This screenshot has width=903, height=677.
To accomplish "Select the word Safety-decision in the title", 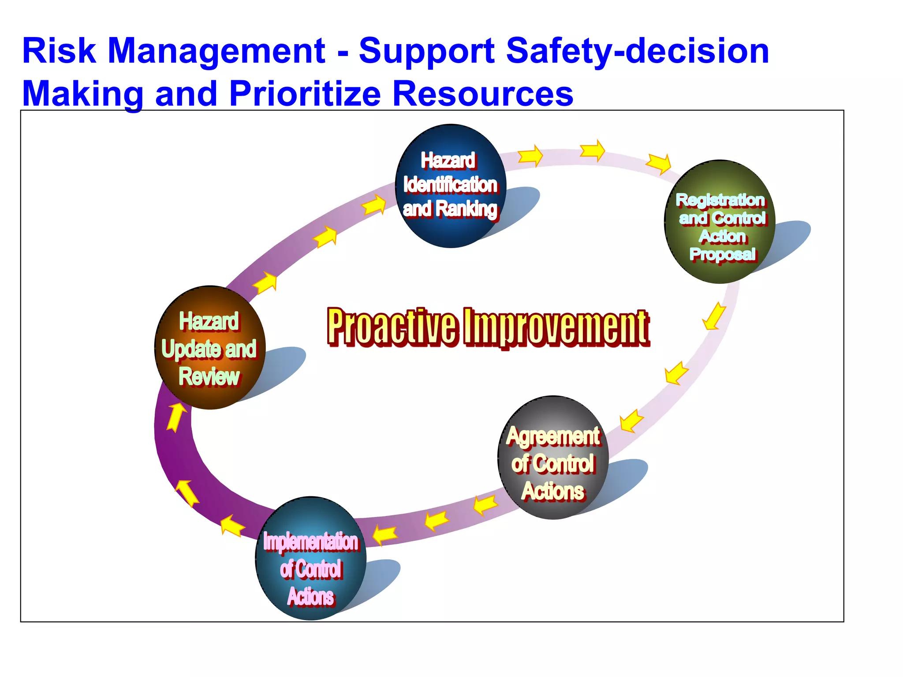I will point(637,52).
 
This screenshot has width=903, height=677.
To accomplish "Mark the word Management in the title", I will point(216,52).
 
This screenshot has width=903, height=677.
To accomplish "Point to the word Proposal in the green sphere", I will point(722,254).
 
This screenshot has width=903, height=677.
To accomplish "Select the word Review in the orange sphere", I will point(209,377).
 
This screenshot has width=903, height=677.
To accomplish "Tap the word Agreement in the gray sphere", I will point(553,436).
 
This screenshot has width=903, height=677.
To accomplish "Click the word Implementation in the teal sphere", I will point(311,542).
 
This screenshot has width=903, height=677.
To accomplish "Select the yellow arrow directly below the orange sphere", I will point(176,417).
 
